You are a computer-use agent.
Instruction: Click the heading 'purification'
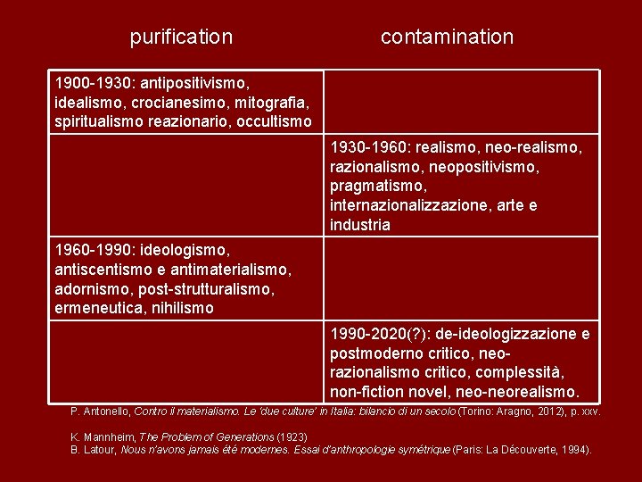[x=181, y=37]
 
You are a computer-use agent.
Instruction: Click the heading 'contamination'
[x=447, y=37]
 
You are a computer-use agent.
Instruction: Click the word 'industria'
[x=360, y=225]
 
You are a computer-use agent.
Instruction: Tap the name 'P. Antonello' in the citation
[x=100, y=411]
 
